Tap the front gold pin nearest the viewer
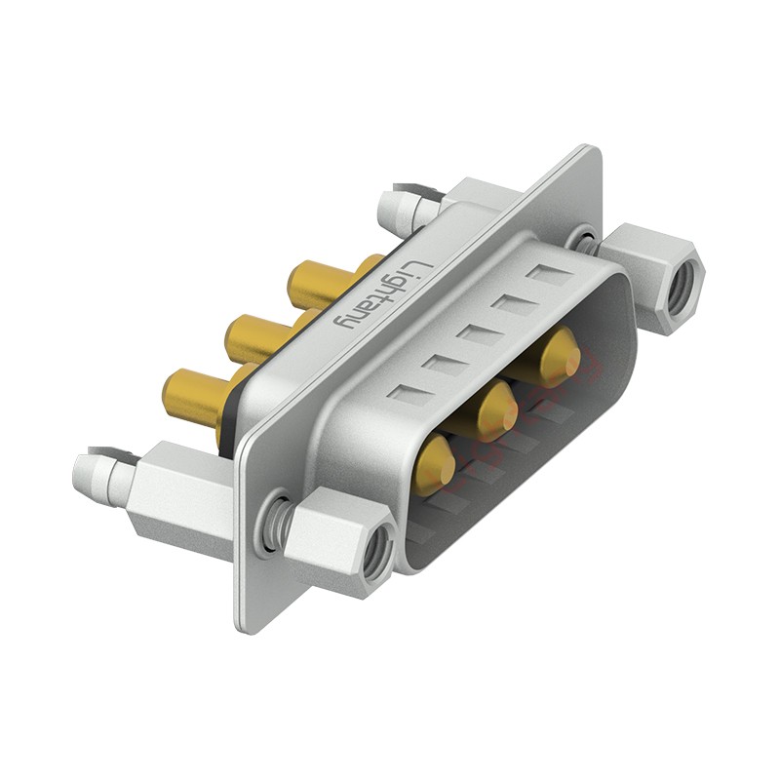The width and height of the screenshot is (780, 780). tap(435, 462)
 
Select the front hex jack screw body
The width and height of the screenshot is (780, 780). tap(336, 536)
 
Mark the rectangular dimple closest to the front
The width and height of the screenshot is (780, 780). tap(409, 394)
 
